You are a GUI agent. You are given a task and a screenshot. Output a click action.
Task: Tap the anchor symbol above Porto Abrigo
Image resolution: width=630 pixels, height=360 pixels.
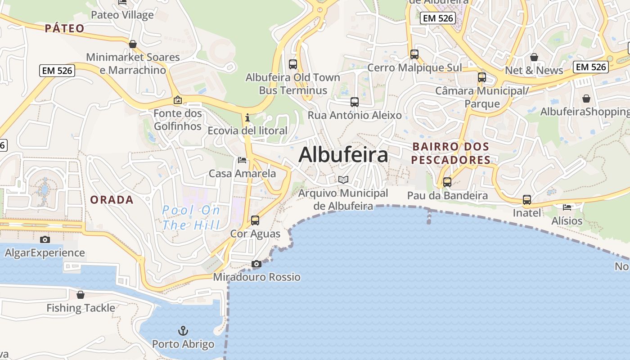tap(183, 331)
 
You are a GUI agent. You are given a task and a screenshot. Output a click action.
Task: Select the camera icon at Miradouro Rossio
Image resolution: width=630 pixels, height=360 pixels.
tap(256, 264)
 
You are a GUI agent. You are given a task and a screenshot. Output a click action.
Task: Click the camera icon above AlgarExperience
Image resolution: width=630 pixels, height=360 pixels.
tap(45, 239)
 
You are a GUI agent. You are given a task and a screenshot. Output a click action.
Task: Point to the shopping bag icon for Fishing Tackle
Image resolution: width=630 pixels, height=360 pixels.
tap(81, 295)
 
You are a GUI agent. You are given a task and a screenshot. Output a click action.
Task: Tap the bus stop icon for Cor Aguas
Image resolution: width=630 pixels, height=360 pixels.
tap(255, 220)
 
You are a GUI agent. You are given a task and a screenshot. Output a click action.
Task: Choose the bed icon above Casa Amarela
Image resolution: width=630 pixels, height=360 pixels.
tap(242, 160)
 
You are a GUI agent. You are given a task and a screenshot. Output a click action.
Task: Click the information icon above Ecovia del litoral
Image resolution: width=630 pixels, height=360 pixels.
tap(247, 118)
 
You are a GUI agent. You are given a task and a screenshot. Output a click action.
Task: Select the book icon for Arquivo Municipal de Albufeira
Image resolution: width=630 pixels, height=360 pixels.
tap(343, 180)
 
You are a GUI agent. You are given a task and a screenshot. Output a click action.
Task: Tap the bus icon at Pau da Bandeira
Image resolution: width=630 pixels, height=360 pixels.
tap(447, 182)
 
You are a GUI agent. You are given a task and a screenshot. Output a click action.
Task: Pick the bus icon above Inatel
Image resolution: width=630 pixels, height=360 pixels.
tap(526, 199)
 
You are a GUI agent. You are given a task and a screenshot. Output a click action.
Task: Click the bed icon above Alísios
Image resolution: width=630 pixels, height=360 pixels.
tap(567, 207)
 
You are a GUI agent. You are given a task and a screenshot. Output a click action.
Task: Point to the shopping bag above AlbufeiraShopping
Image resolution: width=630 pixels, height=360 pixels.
tap(586, 98)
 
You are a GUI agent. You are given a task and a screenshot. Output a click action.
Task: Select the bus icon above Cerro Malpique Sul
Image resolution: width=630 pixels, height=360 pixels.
tap(414, 54)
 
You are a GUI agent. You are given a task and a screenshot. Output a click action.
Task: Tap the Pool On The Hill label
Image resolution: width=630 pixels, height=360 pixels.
tap(191, 217)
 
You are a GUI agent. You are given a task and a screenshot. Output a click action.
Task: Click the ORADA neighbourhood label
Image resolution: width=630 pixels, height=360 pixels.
tap(112, 200)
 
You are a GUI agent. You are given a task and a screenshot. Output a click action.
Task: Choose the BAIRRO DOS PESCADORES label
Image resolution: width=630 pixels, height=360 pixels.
tap(450, 153)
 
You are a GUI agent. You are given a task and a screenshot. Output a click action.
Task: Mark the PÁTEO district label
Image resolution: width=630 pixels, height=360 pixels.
tap(65, 28)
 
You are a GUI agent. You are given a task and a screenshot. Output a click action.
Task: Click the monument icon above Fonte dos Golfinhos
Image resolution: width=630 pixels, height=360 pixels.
tap(178, 100)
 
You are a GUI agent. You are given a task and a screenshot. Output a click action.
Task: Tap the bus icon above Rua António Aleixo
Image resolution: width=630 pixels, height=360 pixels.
tap(355, 102)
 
